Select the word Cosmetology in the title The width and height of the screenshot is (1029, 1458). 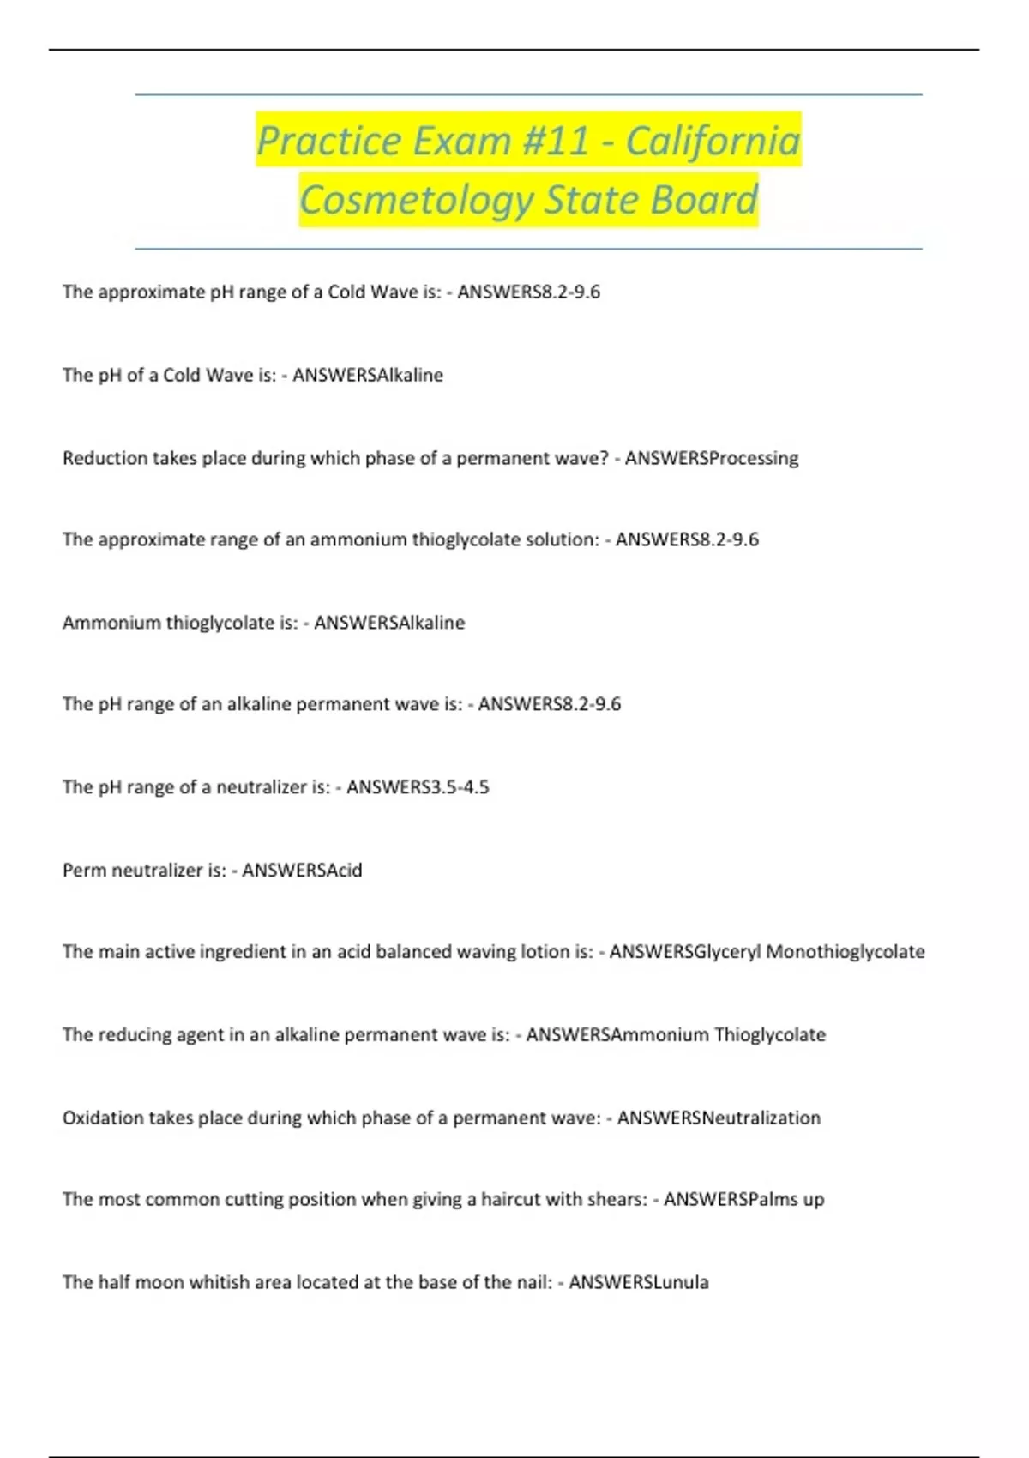(416, 200)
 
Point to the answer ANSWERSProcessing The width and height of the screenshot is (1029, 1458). (712, 458)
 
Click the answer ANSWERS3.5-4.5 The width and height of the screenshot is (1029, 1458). (418, 787)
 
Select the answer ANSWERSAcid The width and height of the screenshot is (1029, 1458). (302, 871)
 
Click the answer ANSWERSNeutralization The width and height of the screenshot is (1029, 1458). (719, 1118)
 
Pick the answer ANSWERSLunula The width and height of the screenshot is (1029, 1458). (639, 1283)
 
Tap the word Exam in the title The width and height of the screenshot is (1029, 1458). (461, 140)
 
